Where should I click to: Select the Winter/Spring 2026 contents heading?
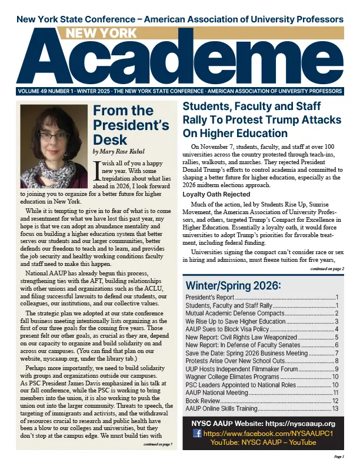click(233, 286)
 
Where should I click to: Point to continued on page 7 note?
click(157, 445)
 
